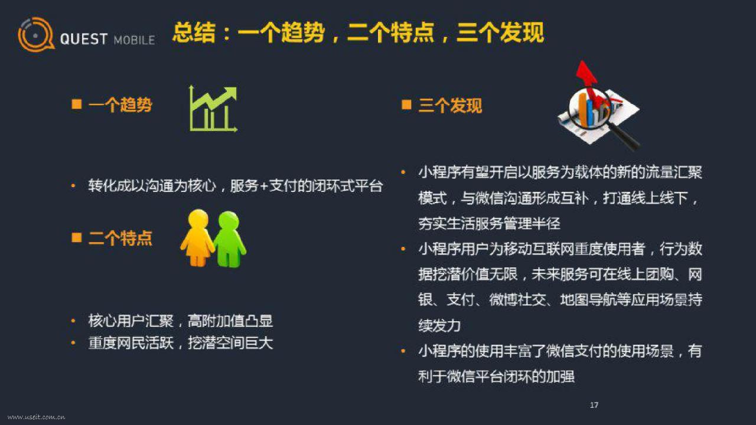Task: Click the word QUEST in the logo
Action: coord(84,39)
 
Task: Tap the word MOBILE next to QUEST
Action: coord(134,40)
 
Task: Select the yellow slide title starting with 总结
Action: coord(358,32)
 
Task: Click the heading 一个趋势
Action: coord(120,104)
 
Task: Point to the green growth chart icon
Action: coord(213,109)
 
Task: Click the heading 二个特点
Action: coord(120,238)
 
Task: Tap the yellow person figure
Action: coord(197,238)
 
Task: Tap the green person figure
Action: coord(230,239)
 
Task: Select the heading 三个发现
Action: coord(450,105)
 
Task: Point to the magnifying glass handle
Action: coord(624,136)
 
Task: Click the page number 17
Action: coord(594,405)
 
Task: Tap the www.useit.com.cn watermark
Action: coord(36,417)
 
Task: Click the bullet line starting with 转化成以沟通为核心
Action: coord(235,186)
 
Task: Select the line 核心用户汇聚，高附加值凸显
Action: coord(181,321)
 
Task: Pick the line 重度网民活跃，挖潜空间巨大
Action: coord(181,343)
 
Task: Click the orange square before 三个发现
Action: coord(406,104)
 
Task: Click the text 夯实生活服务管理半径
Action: coord(489,223)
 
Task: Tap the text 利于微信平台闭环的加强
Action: coord(496,377)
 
